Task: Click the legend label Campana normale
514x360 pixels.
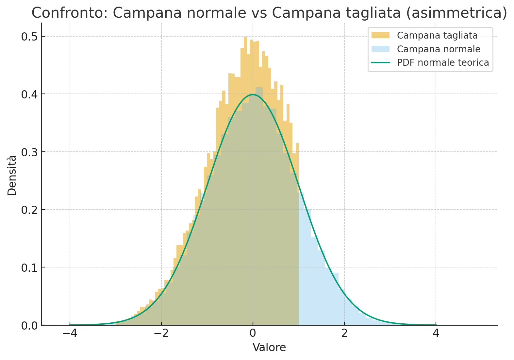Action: click(439, 49)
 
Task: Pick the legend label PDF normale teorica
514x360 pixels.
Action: click(443, 62)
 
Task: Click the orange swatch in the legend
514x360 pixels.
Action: click(381, 35)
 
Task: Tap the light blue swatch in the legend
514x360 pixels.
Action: click(381, 49)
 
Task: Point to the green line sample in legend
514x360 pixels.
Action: click(381, 62)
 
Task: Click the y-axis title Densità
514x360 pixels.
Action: click(12, 175)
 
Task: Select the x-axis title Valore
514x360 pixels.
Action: click(269, 348)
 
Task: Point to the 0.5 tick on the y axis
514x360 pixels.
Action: click(29, 37)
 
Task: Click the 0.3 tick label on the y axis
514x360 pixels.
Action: click(29, 152)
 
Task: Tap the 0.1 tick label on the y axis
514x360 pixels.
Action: click(29, 267)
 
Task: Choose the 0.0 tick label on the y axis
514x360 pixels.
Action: click(29, 325)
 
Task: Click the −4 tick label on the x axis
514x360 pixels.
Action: click(70, 334)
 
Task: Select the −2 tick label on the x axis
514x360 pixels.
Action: click(161, 334)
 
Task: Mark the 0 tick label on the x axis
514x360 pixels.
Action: click(253, 334)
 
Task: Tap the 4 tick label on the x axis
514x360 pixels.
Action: click(436, 334)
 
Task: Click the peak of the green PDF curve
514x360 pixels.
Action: click(253, 94)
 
